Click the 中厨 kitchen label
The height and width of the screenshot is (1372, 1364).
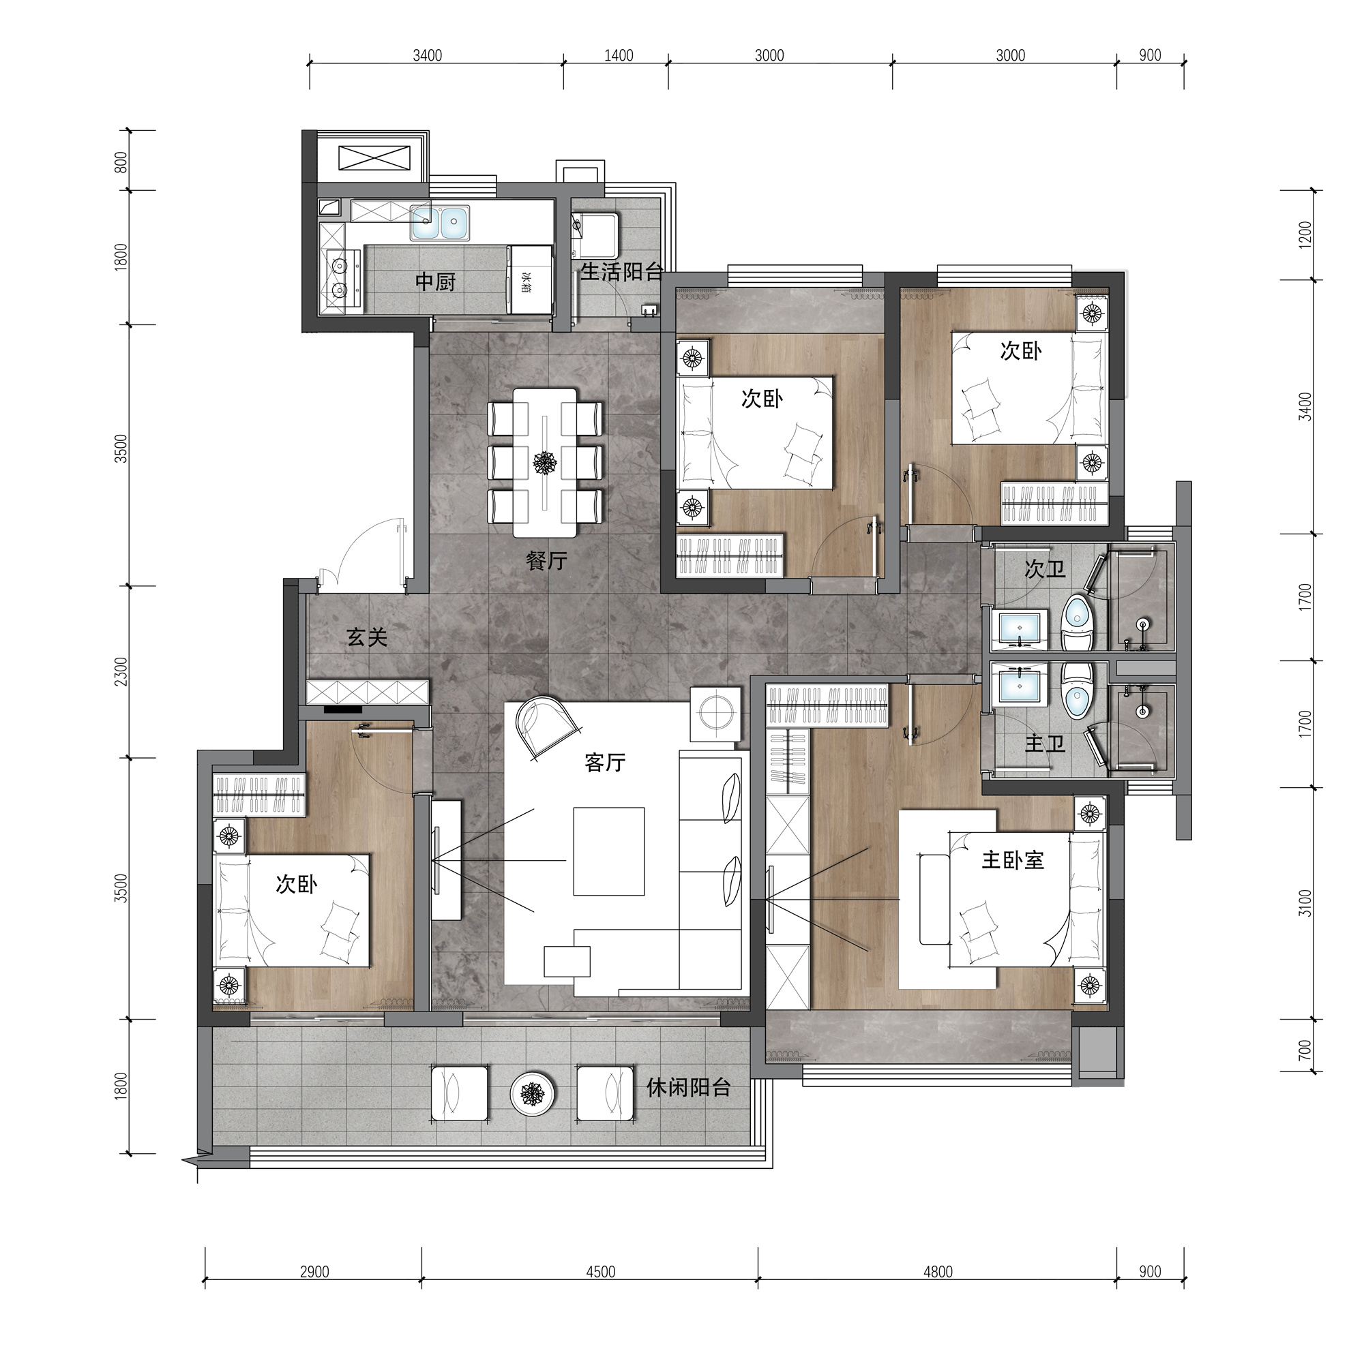tap(435, 282)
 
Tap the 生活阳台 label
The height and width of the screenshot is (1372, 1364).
tap(621, 271)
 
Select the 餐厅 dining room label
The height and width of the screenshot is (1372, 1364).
tap(546, 560)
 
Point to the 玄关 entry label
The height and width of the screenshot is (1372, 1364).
tap(368, 637)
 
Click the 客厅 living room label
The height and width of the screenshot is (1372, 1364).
tap(604, 762)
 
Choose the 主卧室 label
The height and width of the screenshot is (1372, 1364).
tap(1012, 860)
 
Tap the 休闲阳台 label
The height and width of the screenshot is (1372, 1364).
tap(687, 1087)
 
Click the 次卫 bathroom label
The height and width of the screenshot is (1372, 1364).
tap(1044, 568)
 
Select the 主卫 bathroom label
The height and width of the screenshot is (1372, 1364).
tap(1044, 744)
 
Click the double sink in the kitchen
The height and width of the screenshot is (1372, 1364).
tap(439, 223)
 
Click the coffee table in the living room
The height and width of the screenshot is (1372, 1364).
tap(609, 851)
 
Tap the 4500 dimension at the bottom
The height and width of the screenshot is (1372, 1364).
tap(600, 1271)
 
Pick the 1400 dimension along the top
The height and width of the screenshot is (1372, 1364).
tap(618, 55)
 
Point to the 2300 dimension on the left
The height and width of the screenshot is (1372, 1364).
tap(121, 671)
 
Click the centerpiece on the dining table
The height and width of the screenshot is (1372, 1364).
tap(545, 463)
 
